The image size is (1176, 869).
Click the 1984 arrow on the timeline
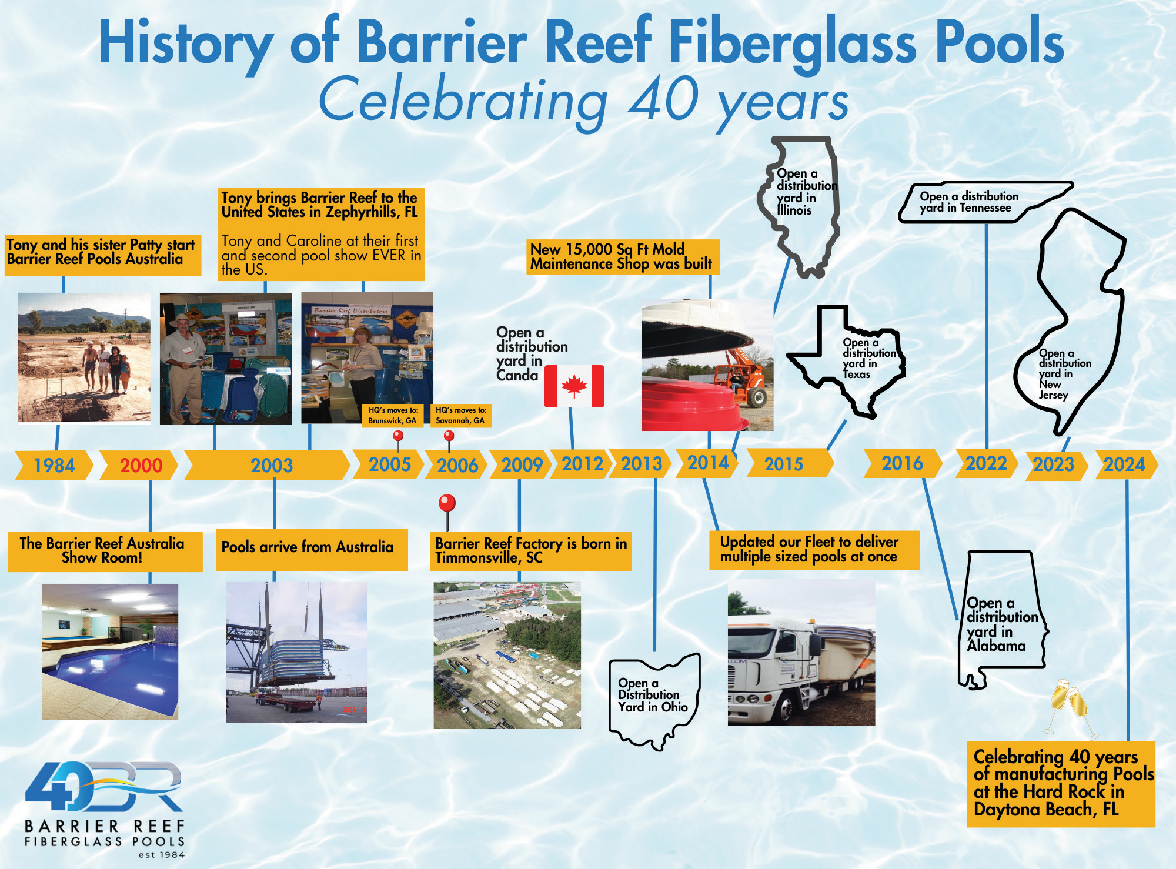click(x=54, y=465)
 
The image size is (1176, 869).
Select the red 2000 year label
click(x=141, y=466)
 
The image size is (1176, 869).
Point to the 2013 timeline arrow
click(x=641, y=464)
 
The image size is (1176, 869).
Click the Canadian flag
click(x=574, y=386)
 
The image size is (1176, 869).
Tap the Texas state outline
click(x=847, y=361)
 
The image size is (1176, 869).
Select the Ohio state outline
click(x=654, y=701)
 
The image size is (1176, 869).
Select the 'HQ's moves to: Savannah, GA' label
click(x=461, y=415)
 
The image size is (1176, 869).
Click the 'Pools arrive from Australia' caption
click(x=307, y=547)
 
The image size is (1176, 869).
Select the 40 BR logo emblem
click(x=103, y=787)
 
